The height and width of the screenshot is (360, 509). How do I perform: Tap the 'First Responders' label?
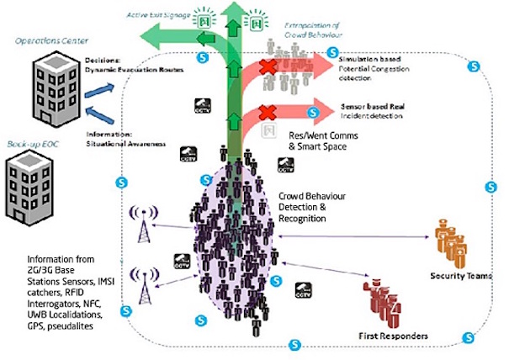pos(392,336)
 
